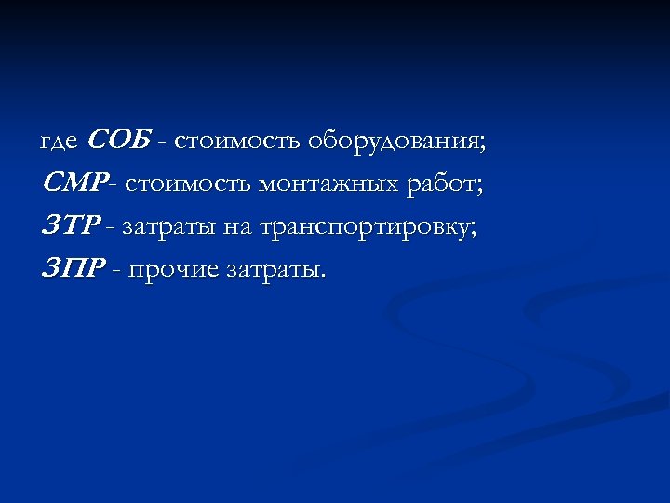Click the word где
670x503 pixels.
pyautogui.click(x=60, y=143)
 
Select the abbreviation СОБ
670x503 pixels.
pyautogui.click(x=119, y=141)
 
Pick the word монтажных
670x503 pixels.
pyautogui.click(x=330, y=184)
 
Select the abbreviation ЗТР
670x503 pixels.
pyautogui.click(x=70, y=226)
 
